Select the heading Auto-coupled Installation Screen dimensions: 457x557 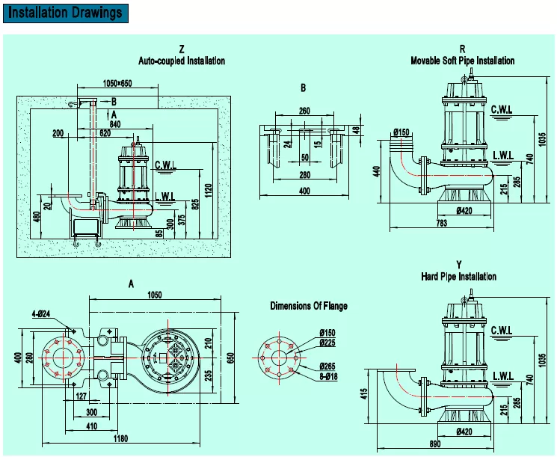click(x=182, y=61)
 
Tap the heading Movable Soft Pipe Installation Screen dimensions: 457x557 click(x=462, y=61)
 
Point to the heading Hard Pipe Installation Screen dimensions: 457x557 click(x=458, y=277)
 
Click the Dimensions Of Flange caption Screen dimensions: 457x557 click(x=308, y=306)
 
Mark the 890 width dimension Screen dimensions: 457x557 click(x=434, y=445)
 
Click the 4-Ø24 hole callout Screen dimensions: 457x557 click(x=42, y=314)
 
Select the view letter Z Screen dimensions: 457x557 click(x=182, y=49)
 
